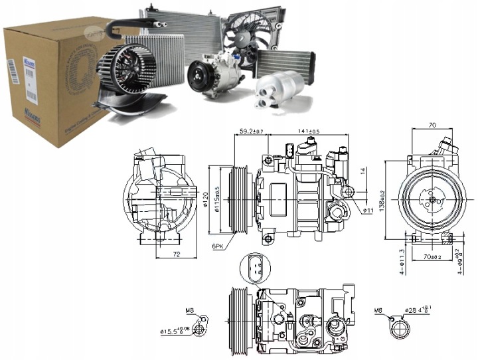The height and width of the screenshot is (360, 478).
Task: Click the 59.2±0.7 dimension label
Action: [x=250, y=131]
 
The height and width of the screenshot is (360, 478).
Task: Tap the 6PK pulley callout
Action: [x=218, y=246]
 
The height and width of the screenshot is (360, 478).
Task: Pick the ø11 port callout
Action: [x=368, y=211]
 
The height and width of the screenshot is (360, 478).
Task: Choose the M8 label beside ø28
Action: [x=379, y=310]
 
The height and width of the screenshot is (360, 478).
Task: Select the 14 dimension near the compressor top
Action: [x=363, y=171]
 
